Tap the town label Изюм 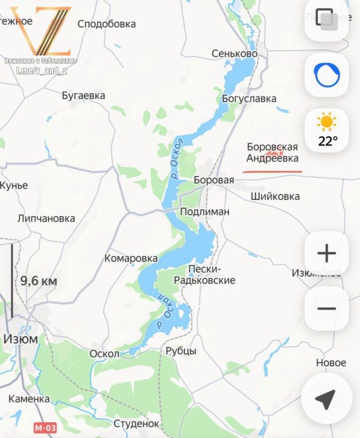tap(21, 338)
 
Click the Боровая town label tap(214, 180)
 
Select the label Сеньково tap(235, 54)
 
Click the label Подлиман tap(205, 211)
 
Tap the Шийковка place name tap(275, 196)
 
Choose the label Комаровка tap(131, 258)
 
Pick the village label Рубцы tap(181, 351)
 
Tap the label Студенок tap(136, 423)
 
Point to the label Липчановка tap(46, 218)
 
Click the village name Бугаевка tap(83, 95)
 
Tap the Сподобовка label tap(107, 24)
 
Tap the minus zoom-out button tap(327, 309)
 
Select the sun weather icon tap(327, 121)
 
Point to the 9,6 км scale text tap(38, 281)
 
